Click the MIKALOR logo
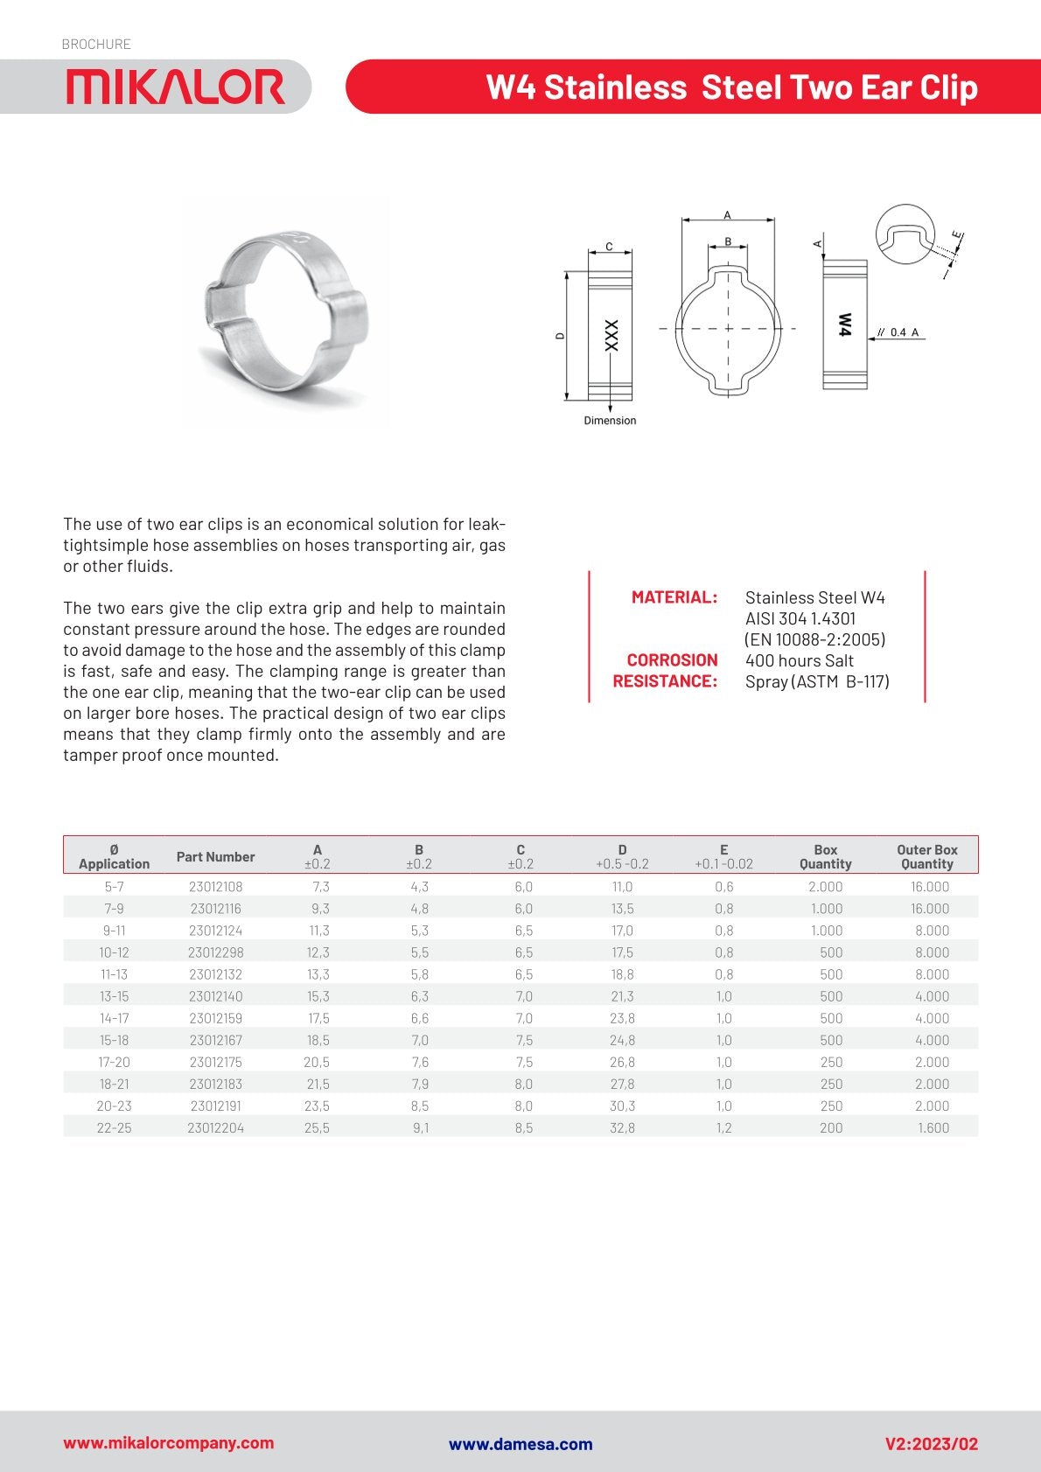[x=175, y=87]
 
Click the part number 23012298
[x=215, y=952]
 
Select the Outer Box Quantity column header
[x=926, y=856]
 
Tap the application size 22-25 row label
[x=114, y=1128]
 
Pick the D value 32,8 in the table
[x=622, y=1128]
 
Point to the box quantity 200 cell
[x=830, y=1128]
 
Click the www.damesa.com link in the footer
[x=520, y=1444]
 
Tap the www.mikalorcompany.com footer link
[x=168, y=1443]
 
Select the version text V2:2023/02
[x=931, y=1444]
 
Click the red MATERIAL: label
[x=674, y=597]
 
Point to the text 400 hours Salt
[x=799, y=660]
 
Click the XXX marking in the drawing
[x=611, y=335]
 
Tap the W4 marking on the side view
[x=844, y=324]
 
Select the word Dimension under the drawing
[x=610, y=421]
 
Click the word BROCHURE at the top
[x=96, y=44]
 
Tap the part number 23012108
[x=215, y=887]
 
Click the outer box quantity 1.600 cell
[x=933, y=1128]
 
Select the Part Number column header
[x=215, y=856]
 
